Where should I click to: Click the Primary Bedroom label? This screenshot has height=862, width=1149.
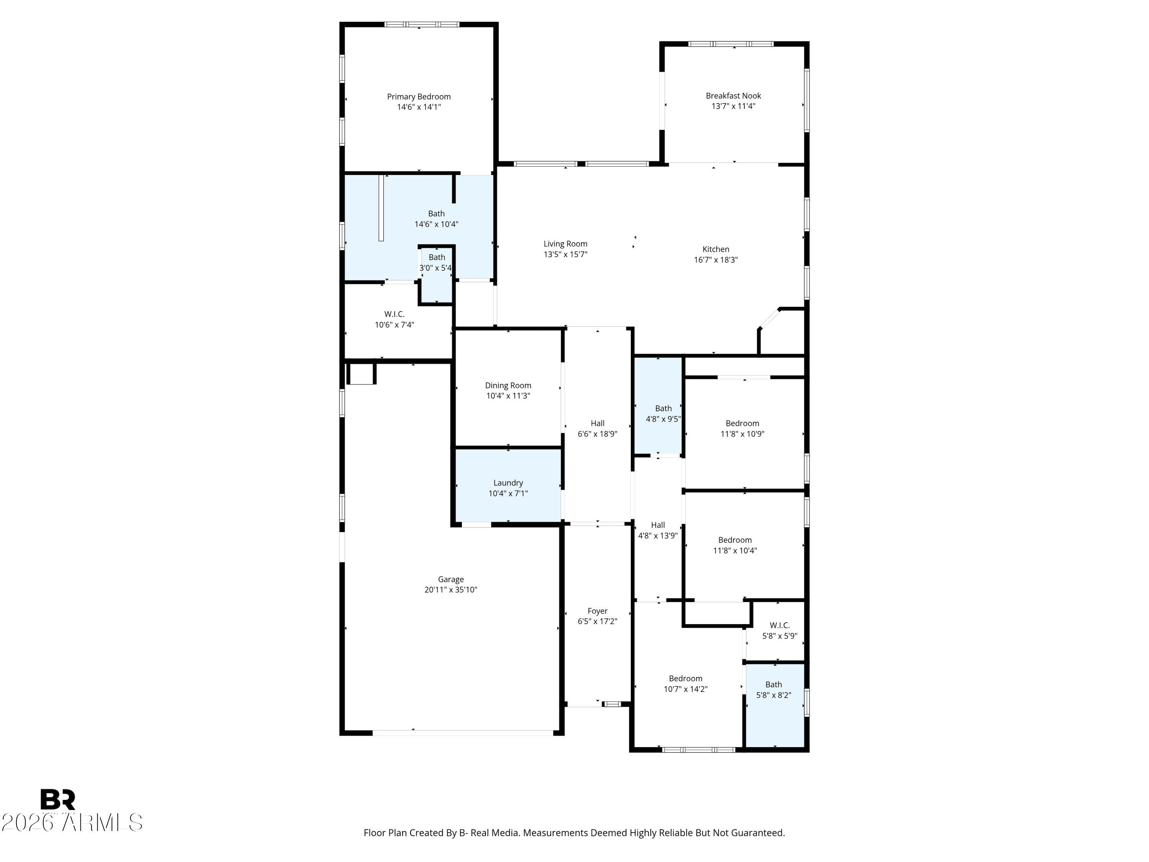click(x=419, y=97)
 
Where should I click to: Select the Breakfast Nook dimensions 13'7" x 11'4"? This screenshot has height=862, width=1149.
click(x=733, y=107)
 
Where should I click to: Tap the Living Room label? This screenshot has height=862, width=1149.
click(x=565, y=244)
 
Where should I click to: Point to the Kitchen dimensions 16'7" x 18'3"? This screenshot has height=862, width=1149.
click(x=716, y=260)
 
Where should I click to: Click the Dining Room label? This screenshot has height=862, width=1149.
click(x=508, y=385)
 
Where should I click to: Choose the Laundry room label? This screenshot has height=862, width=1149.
click(x=508, y=483)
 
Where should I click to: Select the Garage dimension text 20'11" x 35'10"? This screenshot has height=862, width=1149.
click(x=450, y=590)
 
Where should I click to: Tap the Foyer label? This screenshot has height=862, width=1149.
click(x=597, y=611)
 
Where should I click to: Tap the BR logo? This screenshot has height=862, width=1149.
click(x=58, y=799)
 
